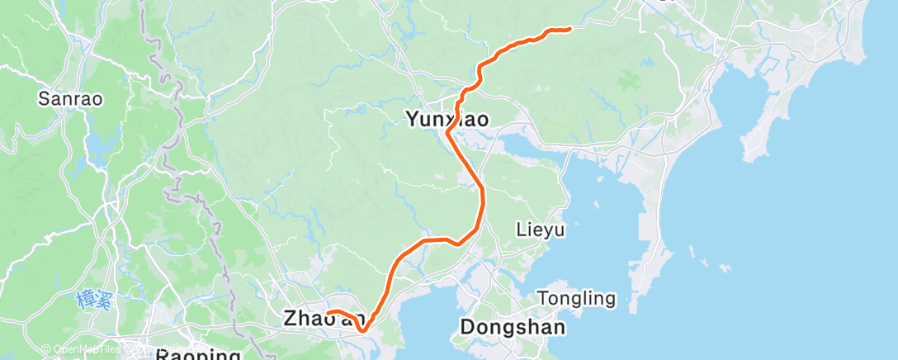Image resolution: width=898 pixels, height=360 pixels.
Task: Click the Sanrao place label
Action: (69, 99)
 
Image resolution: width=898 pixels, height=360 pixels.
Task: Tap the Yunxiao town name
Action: (447, 120)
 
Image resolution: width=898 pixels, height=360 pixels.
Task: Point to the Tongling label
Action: (576, 298)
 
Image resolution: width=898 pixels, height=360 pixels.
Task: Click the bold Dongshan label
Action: (513, 327)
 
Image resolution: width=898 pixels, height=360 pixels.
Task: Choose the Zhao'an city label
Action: (324, 318)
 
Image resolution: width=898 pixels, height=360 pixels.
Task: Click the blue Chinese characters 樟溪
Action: (92, 298)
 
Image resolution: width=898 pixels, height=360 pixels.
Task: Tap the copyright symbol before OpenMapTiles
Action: (45, 349)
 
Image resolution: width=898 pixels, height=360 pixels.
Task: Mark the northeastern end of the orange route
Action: (570, 30)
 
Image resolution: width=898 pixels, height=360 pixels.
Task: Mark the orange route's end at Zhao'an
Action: (328, 311)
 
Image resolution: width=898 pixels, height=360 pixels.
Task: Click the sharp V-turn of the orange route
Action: (361, 332)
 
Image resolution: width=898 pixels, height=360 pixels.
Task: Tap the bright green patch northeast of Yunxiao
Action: (631, 81)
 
